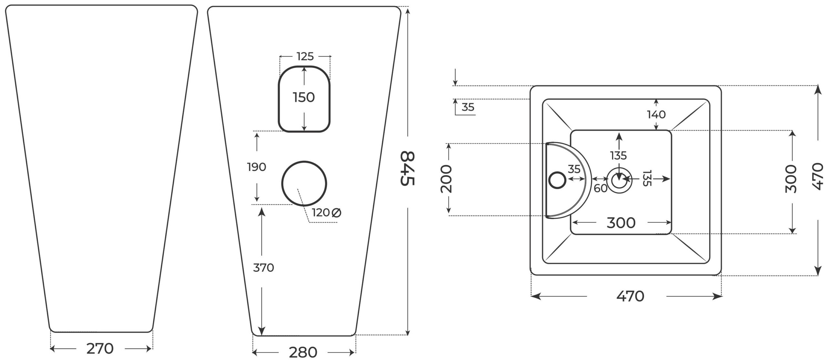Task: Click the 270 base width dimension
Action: [x=100, y=348]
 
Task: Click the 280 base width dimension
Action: [x=303, y=352]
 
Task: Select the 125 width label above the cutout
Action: [x=305, y=56]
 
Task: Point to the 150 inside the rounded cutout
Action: [x=304, y=97]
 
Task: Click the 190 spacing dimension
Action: [x=257, y=167]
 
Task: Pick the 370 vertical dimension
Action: [x=263, y=268]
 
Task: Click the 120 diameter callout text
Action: [x=321, y=213]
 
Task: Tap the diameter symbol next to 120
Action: [x=336, y=213]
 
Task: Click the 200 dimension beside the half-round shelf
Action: [x=446, y=179]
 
